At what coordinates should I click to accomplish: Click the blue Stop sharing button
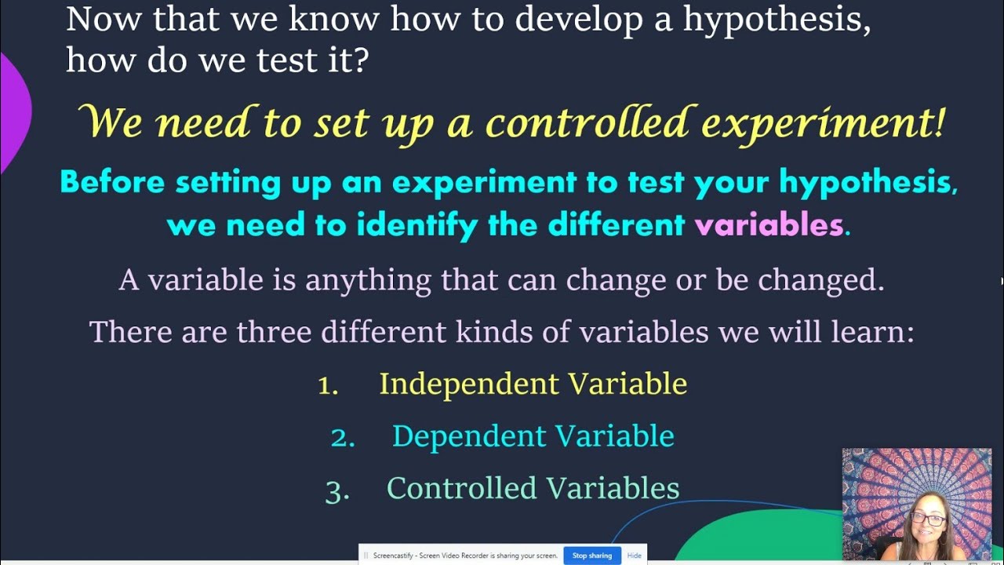click(x=591, y=556)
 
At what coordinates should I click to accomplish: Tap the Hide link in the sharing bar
click(x=635, y=556)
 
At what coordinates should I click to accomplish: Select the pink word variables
click(x=768, y=226)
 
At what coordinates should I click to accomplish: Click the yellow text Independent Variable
click(x=533, y=384)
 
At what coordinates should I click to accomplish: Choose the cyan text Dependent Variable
click(x=533, y=436)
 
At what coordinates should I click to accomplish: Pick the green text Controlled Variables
click(x=533, y=488)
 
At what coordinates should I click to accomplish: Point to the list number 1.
click(x=328, y=385)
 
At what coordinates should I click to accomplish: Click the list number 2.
click(x=342, y=438)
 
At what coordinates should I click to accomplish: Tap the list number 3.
click(x=336, y=490)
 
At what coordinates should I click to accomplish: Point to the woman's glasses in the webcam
click(x=927, y=519)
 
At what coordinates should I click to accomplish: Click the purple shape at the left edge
click(x=14, y=110)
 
